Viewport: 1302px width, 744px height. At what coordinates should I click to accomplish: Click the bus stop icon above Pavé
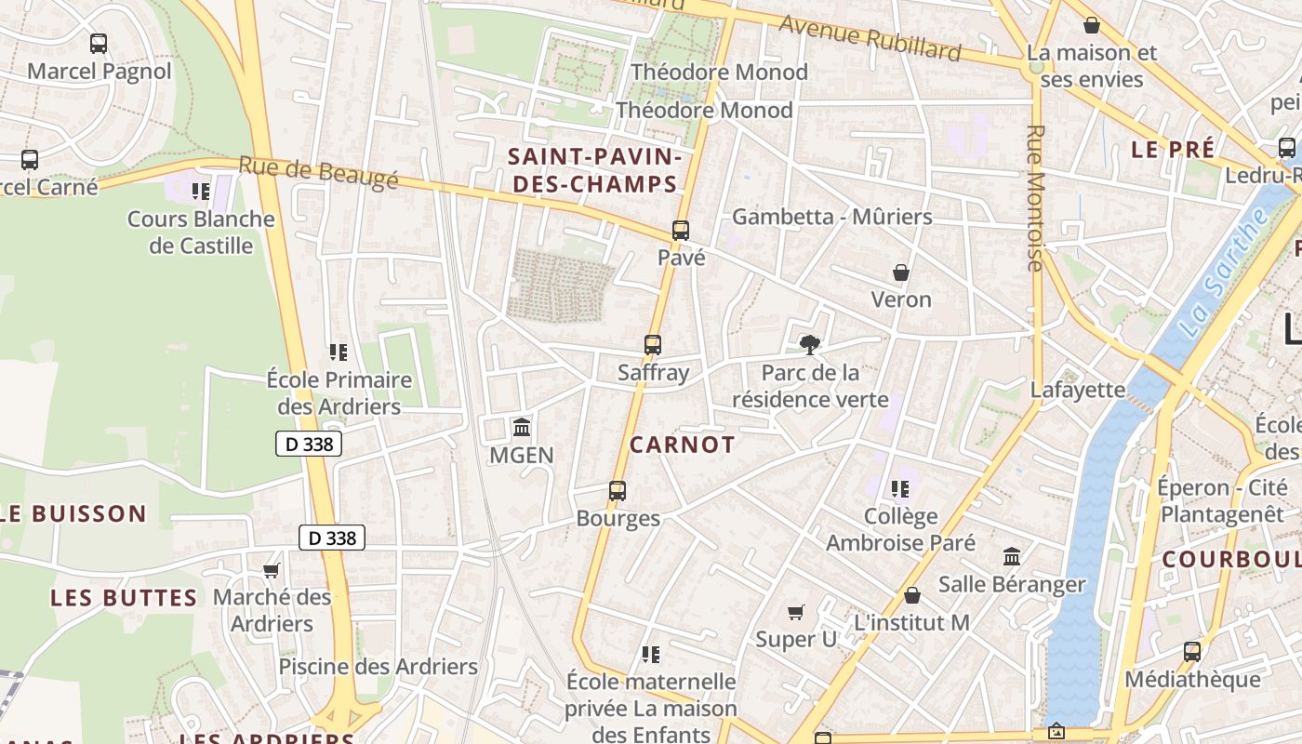click(681, 231)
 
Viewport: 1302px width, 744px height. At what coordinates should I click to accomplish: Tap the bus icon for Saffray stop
click(653, 345)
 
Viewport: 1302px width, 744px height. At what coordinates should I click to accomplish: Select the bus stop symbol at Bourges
click(618, 491)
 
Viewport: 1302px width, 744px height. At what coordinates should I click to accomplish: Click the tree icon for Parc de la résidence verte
click(810, 345)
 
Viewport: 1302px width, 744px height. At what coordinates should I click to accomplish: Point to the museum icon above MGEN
click(522, 428)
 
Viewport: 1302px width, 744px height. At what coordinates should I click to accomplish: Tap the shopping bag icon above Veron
click(900, 272)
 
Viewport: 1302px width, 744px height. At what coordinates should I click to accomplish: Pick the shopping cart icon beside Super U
click(795, 612)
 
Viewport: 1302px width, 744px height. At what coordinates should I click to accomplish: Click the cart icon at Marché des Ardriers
click(271, 570)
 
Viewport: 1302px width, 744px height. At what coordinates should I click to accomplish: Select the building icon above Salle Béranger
click(1012, 556)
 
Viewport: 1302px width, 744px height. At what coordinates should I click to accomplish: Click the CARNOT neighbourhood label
click(682, 445)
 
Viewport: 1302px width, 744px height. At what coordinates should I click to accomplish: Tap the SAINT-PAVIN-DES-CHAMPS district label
click(595, 170)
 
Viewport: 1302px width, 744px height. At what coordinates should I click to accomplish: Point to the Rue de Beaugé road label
click(318, 172)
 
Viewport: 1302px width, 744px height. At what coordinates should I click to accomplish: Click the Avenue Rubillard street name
click(870, 38)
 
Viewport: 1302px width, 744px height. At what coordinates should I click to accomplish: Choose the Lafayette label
click(1077, 390)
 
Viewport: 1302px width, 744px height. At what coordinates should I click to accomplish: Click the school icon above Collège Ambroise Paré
click(899, 488)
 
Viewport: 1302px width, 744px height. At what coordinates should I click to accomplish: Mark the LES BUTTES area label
click(124, 598)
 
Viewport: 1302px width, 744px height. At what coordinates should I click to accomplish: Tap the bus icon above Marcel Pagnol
click(99, 43)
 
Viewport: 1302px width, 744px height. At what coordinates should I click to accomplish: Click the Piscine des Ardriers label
click(378, 667)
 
